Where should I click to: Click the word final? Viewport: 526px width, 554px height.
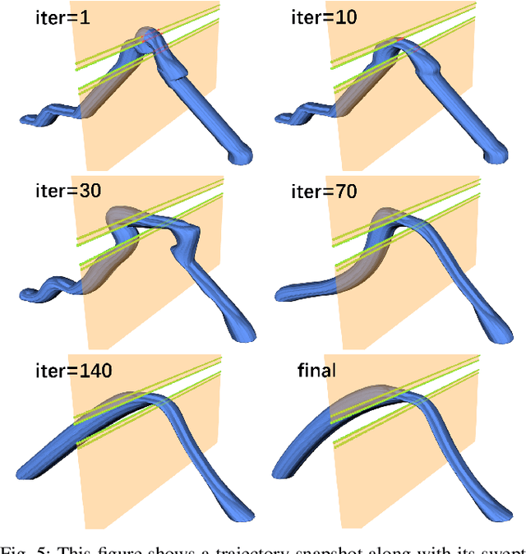point(316,371)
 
